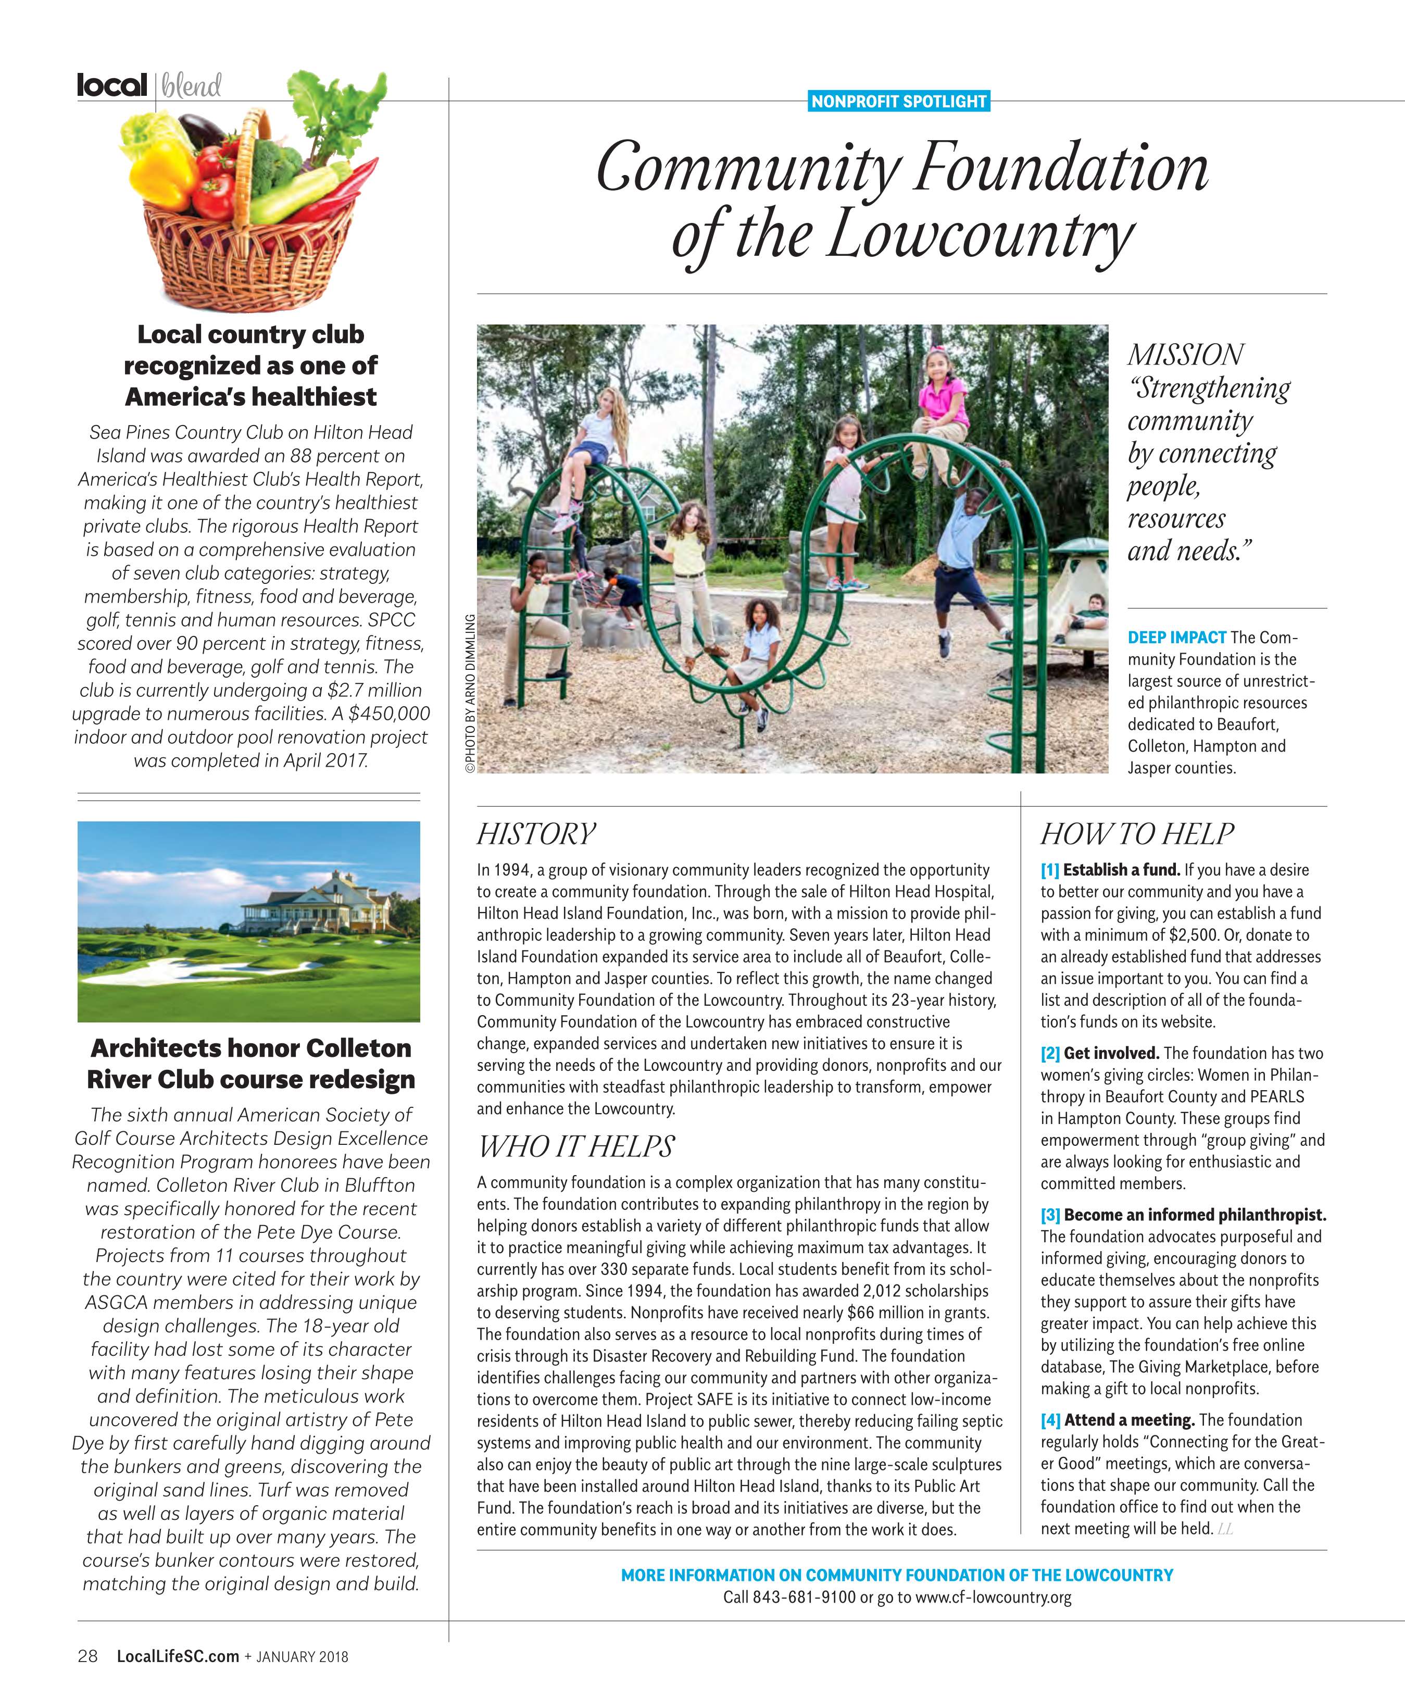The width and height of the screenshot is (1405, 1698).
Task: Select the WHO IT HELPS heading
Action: tap(575, 1146)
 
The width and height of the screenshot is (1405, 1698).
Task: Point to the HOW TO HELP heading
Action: tap(1137, 834)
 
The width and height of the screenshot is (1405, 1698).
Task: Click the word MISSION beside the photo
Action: tap(1185, 354)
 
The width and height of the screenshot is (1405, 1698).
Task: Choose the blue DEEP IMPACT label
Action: tap(1176, 637)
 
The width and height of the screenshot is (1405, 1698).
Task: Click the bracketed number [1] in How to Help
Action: tap(1049, 870)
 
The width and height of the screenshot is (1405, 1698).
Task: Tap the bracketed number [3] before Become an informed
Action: tap(1050, 1215)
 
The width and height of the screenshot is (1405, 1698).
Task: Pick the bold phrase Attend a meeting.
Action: tap(1130, 1420)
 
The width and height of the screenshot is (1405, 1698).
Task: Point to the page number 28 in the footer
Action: tap(87, 1656)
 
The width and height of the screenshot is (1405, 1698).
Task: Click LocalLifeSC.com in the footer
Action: tap(178, 1656)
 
